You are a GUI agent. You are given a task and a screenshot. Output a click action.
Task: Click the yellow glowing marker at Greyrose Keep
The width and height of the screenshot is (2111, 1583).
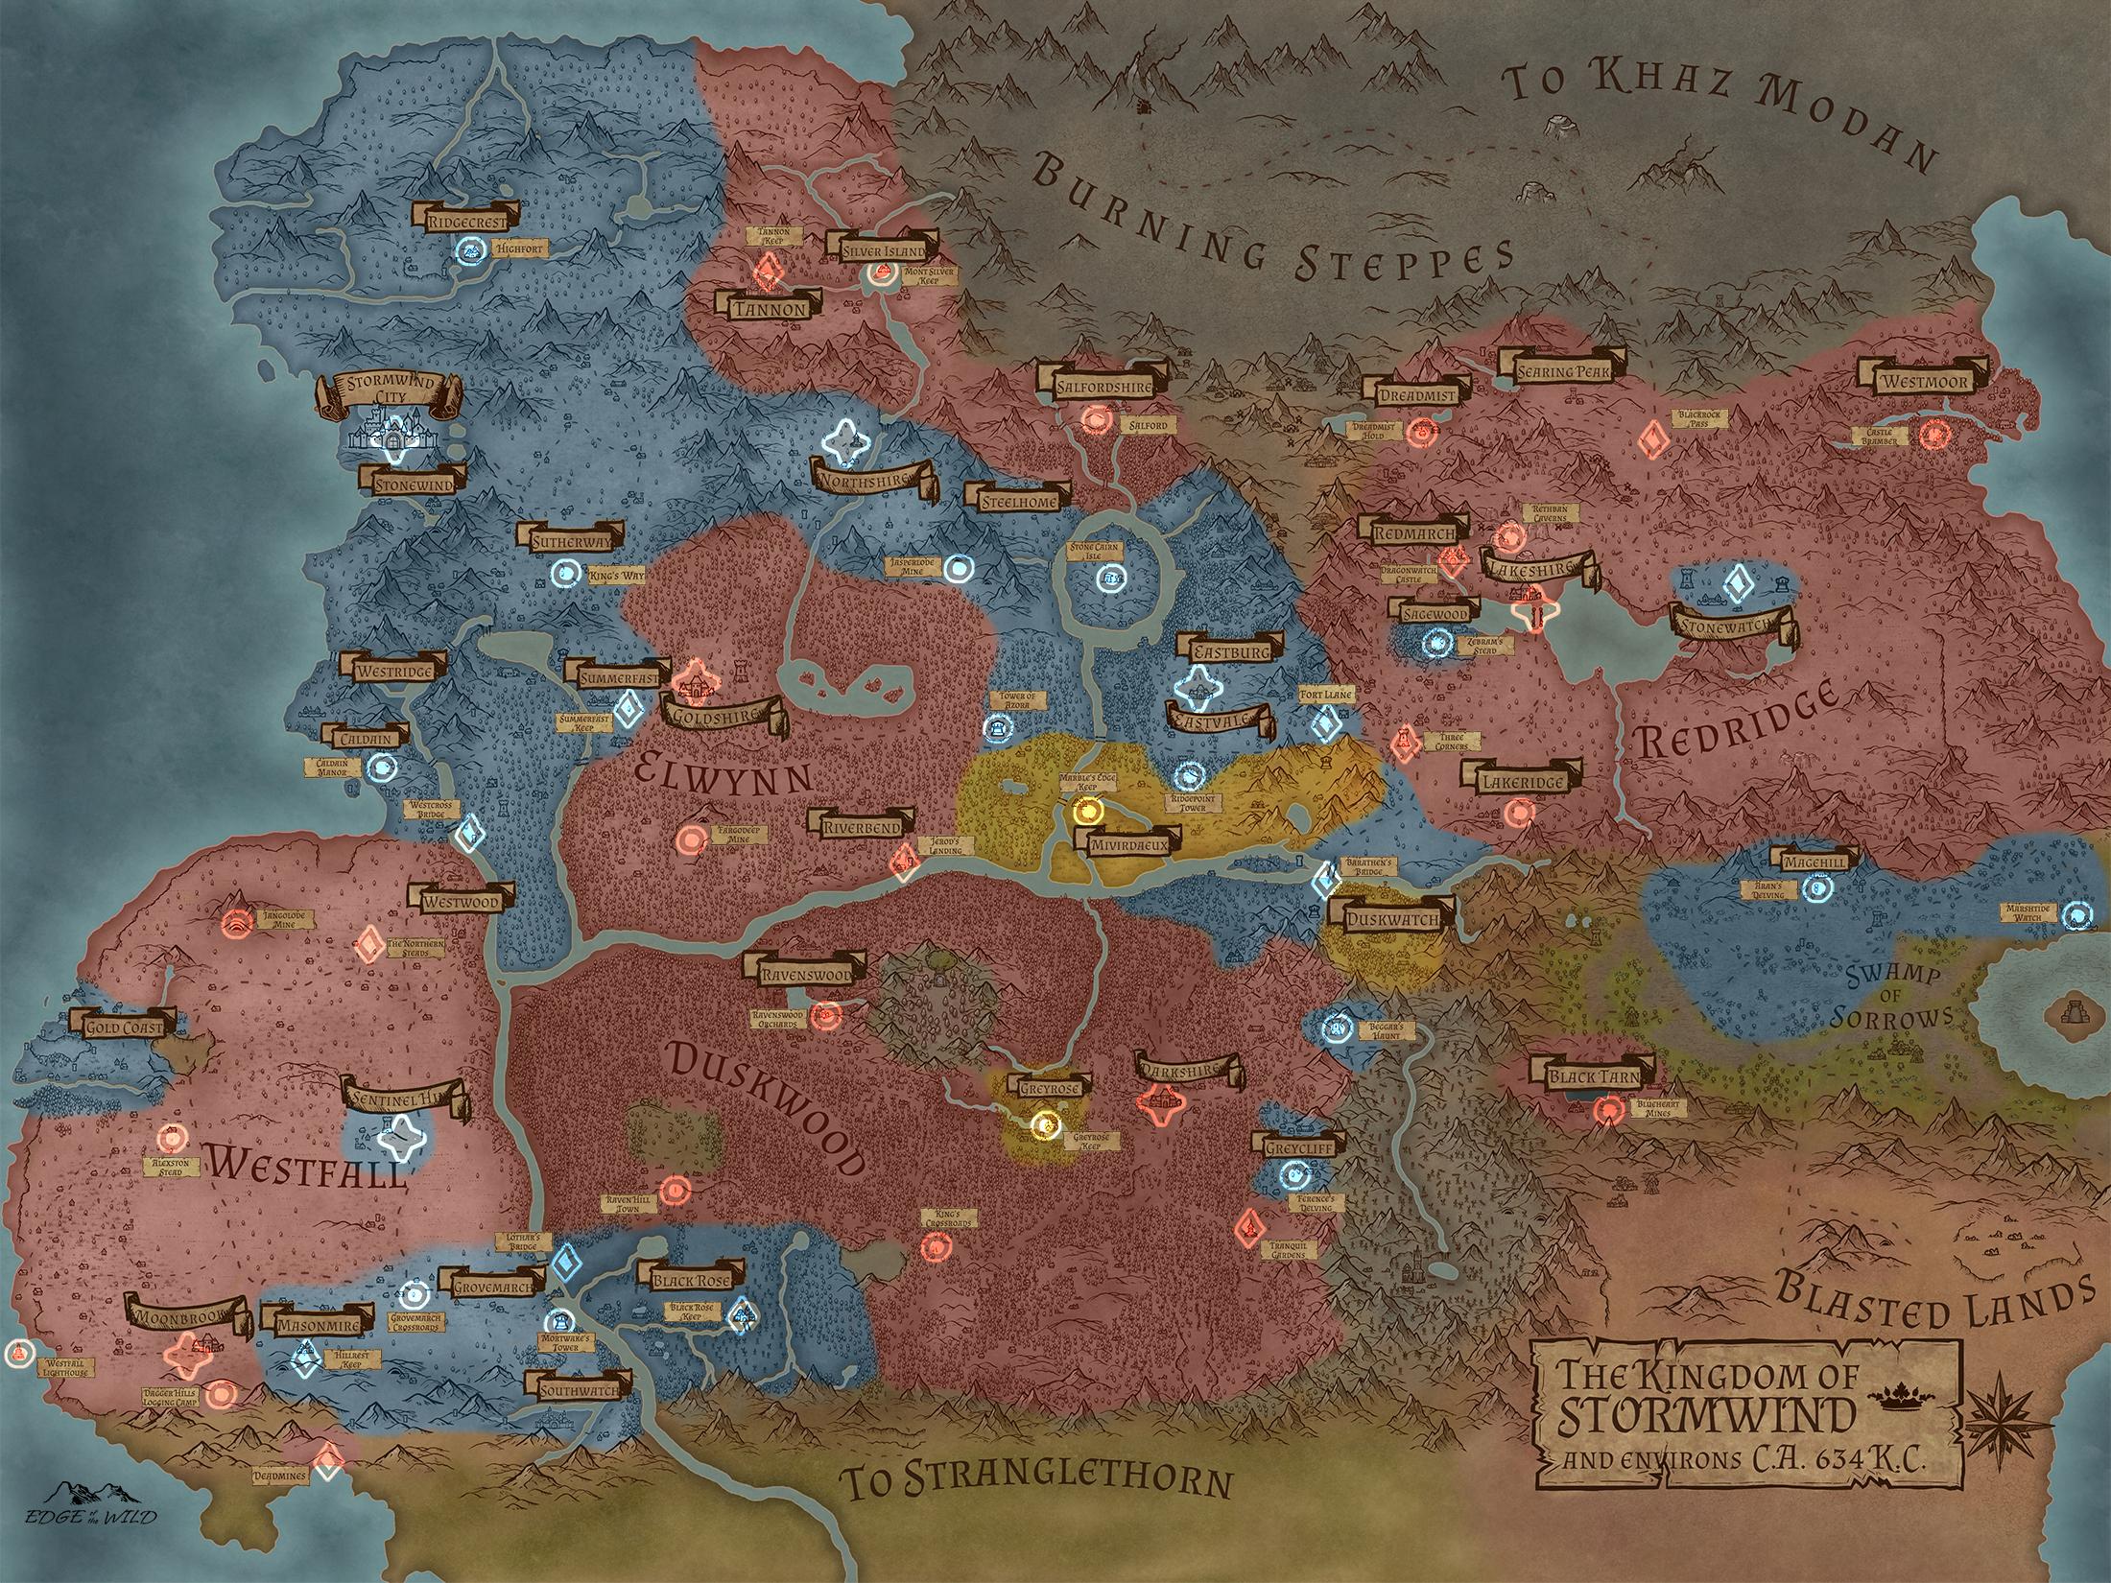click(1045, 1123)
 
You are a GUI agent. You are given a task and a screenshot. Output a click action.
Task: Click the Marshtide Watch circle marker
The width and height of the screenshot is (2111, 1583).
click(2075, 916)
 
